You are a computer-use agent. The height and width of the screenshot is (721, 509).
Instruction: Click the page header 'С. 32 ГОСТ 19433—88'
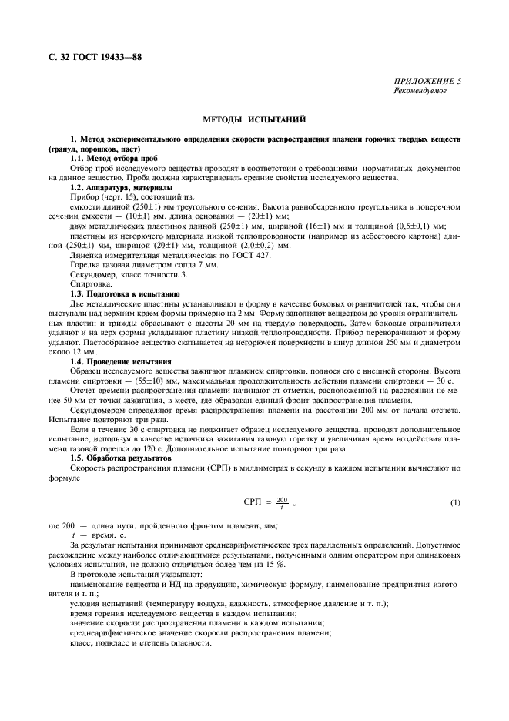point(95,58)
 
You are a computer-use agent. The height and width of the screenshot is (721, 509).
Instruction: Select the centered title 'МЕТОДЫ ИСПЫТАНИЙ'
point(254,120)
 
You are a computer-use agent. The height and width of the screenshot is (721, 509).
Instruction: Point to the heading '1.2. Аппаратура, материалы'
point(121,188)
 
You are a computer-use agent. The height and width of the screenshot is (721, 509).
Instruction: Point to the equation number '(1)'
point(455,503)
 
